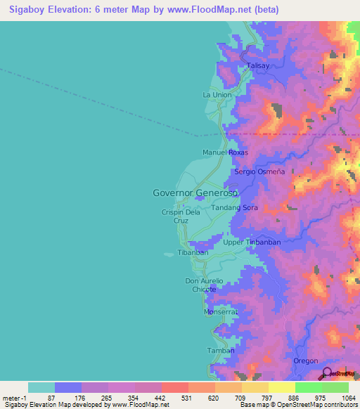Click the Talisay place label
click(x=258, y=66)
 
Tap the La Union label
click(x=217, y=95)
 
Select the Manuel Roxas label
click(x=226, y=152)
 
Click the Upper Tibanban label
click(x=251, y=242)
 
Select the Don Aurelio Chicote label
click(x=204, y=285)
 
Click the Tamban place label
click(x=216, y=350)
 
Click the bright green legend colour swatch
click(x=308, y=387)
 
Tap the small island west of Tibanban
click(x=168, y=255)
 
